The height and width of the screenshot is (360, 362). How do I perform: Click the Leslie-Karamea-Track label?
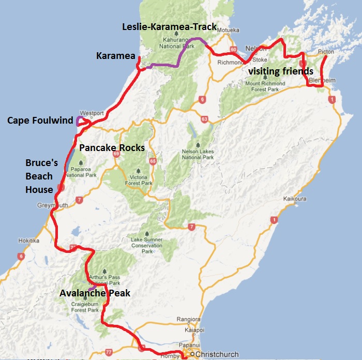tap(169, 26)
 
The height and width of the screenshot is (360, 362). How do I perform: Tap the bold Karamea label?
tap(116, 55)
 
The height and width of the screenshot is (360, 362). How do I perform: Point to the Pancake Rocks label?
tap(111, 147)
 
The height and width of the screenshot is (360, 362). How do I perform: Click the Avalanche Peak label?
tap(95, 293)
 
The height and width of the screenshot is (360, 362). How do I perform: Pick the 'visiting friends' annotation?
tap(281, 71)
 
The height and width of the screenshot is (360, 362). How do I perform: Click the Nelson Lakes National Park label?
tap(199, 154)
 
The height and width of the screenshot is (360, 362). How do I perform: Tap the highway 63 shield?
tap(205, 119)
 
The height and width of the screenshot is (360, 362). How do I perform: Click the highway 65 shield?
tap(153, 161)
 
